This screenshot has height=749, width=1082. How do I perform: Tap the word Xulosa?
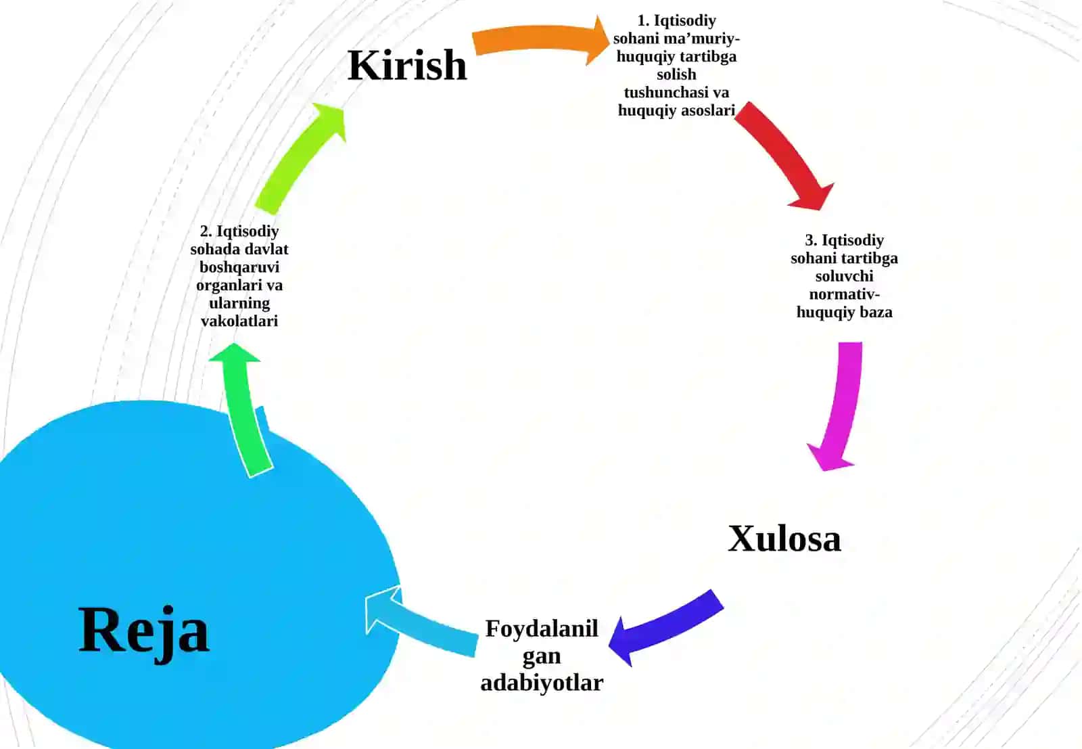tap(784, 539)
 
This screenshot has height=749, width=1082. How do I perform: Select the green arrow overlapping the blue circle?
tap(244, 411)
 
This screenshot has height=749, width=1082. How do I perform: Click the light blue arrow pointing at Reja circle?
tap(420, 623)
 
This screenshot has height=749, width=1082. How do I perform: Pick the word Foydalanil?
tap(542, 629)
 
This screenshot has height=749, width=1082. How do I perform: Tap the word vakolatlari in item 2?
tap(239, 321)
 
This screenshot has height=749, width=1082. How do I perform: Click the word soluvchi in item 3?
tap(845, 276)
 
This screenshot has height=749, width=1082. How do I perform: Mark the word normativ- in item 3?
tap(845, 294)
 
